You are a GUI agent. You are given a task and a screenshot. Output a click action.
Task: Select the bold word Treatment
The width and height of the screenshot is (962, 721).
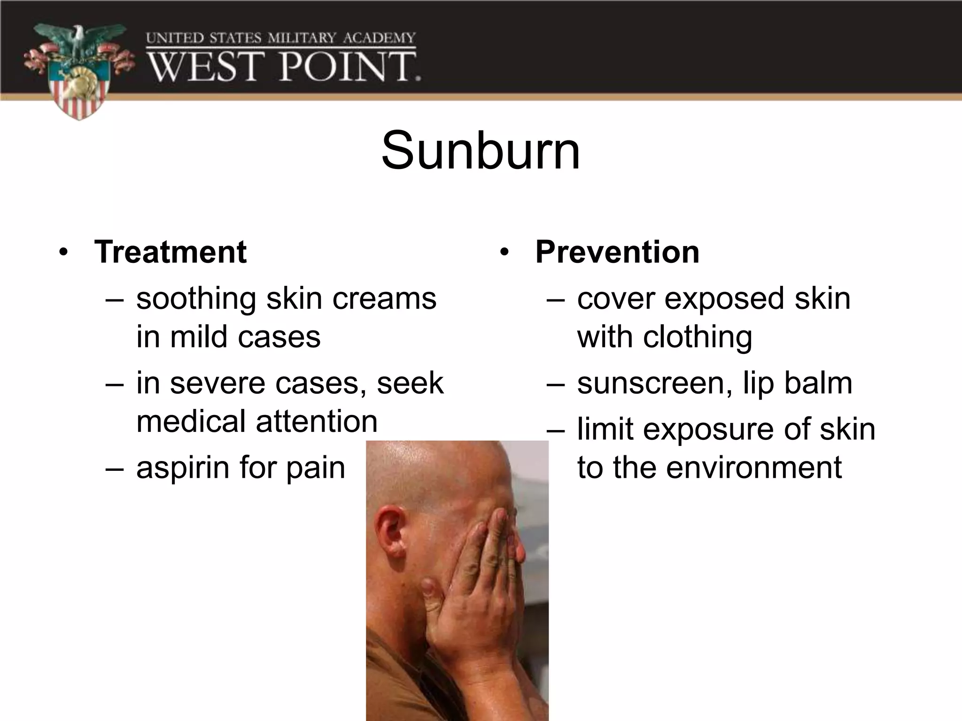tap(170, 252)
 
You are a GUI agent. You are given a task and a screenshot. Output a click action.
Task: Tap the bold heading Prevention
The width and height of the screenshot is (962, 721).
tap(617, 252)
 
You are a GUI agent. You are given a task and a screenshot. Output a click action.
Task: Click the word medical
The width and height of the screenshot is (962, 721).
tap(192, 421)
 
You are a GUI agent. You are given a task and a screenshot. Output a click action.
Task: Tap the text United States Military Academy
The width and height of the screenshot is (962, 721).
tap(280, 38)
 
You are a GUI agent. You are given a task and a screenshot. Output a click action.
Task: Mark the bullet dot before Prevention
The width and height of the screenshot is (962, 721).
tap(504, 253)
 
